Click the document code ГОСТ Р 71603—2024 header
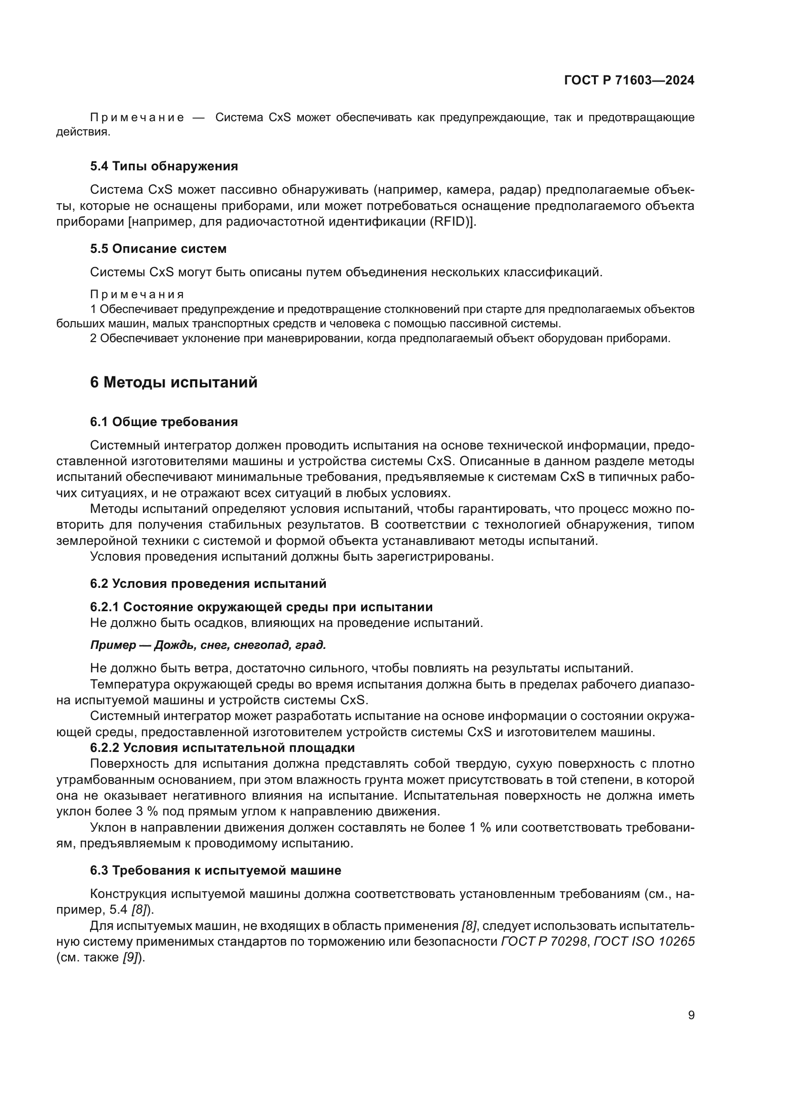(629, 81)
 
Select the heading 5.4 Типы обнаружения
(164, 166)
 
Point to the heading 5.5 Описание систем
(158, 249)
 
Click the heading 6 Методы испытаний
(174, 383)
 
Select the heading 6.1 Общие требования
(164, 421)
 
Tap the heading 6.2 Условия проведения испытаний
(208, 583)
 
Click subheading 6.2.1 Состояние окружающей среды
(261, 606)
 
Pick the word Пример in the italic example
(113, 645)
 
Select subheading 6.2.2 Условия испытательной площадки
(222, 747)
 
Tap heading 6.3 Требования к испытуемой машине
(215, 870)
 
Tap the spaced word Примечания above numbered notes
(137, 294)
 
